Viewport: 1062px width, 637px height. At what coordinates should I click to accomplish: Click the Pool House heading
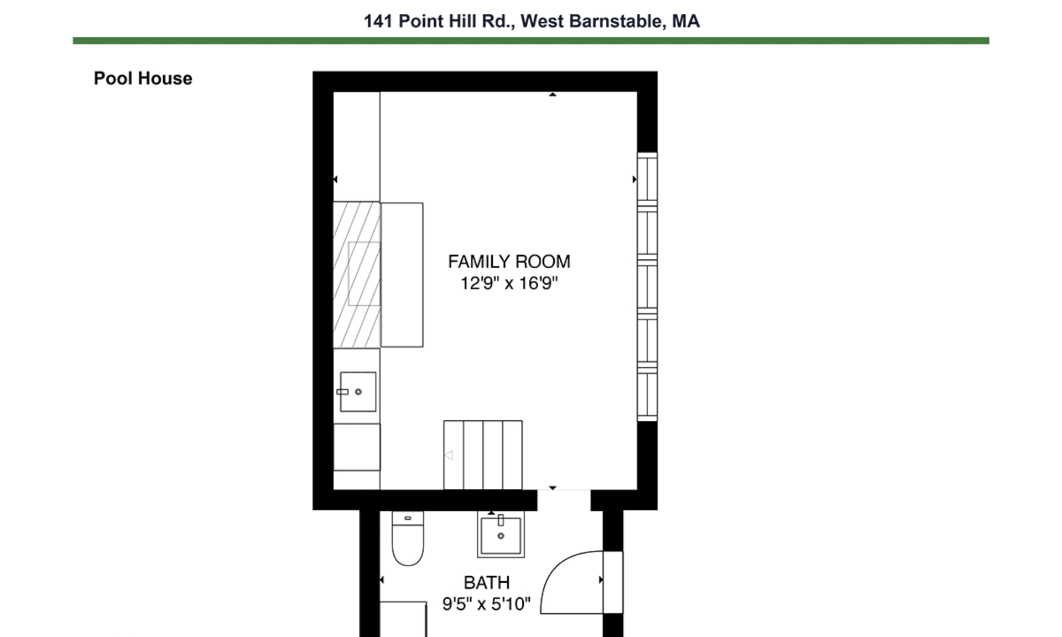pyautogui.click(x=143, y=79)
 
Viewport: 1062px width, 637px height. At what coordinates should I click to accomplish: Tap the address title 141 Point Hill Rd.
pyautogui.click(x=437, y=22)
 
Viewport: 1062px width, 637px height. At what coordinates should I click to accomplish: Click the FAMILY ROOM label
pyautogui.click(x=509, y=262)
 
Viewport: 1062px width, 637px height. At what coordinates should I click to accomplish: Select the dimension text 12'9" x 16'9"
pyautogui.click(x=509, y=283)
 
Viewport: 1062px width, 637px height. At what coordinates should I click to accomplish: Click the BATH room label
pyautogui.click(x=487, y=582)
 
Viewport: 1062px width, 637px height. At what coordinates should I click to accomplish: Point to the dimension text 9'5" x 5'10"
pyautogui.click(x=486, y=604)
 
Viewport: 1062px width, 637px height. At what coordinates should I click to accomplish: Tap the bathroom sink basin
pyautogui.click(x=501, y=535)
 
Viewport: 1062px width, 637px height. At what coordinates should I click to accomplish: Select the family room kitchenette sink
pyautogui.click(x=358, y=391)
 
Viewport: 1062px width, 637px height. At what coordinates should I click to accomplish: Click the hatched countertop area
pyautogui.click(x=357, y=275)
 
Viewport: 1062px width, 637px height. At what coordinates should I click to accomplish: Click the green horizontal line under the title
pyautogui.click(x=531, y=40)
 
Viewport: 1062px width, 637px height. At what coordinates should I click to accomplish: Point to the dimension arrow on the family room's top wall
pyautogui.click(x=552, y=95)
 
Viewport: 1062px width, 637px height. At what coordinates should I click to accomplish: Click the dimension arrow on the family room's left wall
pyautogui.click(x=335, y=179)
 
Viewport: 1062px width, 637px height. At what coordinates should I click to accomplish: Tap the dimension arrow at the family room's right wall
pyautogui.click(x=634, y=179)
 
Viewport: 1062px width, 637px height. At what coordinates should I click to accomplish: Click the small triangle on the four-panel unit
pyautogui.click(x=449, y=455)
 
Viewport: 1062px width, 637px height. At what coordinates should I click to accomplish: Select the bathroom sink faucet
pyautogui.click(x=501, y=520)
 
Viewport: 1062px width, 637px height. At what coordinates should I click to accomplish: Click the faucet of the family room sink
pyautogui.click(x=342, y=391)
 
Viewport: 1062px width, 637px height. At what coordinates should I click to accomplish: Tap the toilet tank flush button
pyautogui.click(x=408, y=518)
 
